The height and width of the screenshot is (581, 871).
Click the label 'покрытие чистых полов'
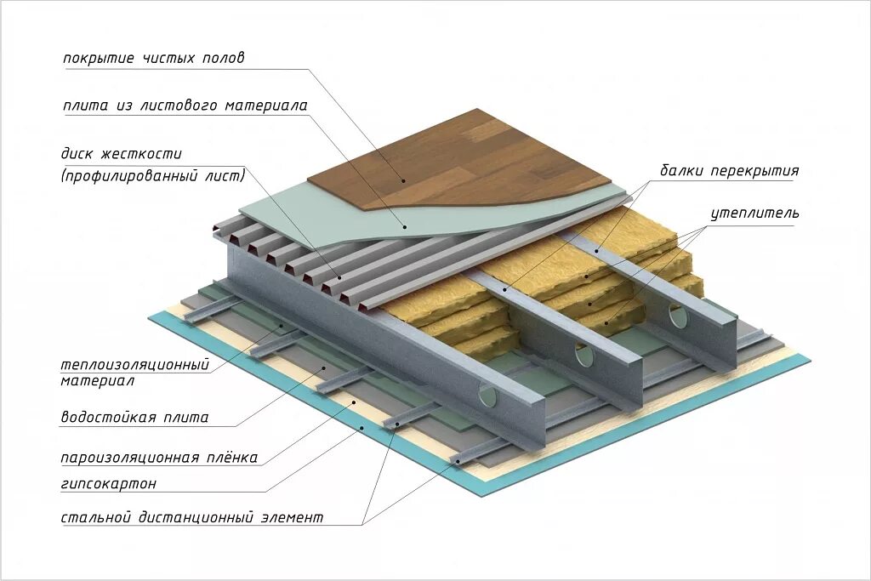pyautogui.click(x=153, y=59)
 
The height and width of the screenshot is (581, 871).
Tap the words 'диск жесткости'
pyautogui.click(x=121, y=155)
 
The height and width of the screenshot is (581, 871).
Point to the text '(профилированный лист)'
pyautogui.click(x=152, y=176)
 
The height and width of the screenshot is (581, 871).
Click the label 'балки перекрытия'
pyautogui.click(x=729, y=170)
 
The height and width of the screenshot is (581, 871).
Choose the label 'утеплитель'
pyautogui.click(x=754, y=213)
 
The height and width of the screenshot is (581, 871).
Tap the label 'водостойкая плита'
pyautogui.click(x=134, y=418)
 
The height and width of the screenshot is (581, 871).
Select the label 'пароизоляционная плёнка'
pyautogui.click(x=158, y=458)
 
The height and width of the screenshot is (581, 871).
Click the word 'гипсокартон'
pyautogui.click(x=108, y=484)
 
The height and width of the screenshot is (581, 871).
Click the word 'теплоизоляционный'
pyautogui.click(x=134, y=365)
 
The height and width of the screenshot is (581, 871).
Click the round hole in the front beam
pyautogui.click(x=491, y=394)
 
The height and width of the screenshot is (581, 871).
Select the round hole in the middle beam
pyautogui.click(x=584, y=353)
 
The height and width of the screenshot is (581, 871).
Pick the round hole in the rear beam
pyautogui.click(x=678, y=316)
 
